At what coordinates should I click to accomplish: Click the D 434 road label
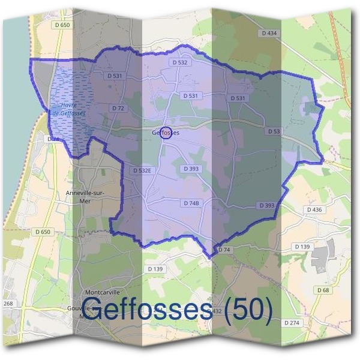pos(270,33)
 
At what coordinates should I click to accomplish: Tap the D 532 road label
pos(180,62)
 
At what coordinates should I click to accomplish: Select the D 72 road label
pos(118,108)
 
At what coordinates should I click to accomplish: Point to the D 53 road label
pos(274,131)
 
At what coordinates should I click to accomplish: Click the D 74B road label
pos(189,203)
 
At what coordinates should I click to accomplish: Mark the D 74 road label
pos(224,249)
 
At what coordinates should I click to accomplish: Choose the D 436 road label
pos(314,209)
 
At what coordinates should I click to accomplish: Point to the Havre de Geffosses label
pos(69,109)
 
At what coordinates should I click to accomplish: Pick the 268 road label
pos(8,304)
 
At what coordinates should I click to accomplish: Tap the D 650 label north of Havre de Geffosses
pos(61,25)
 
